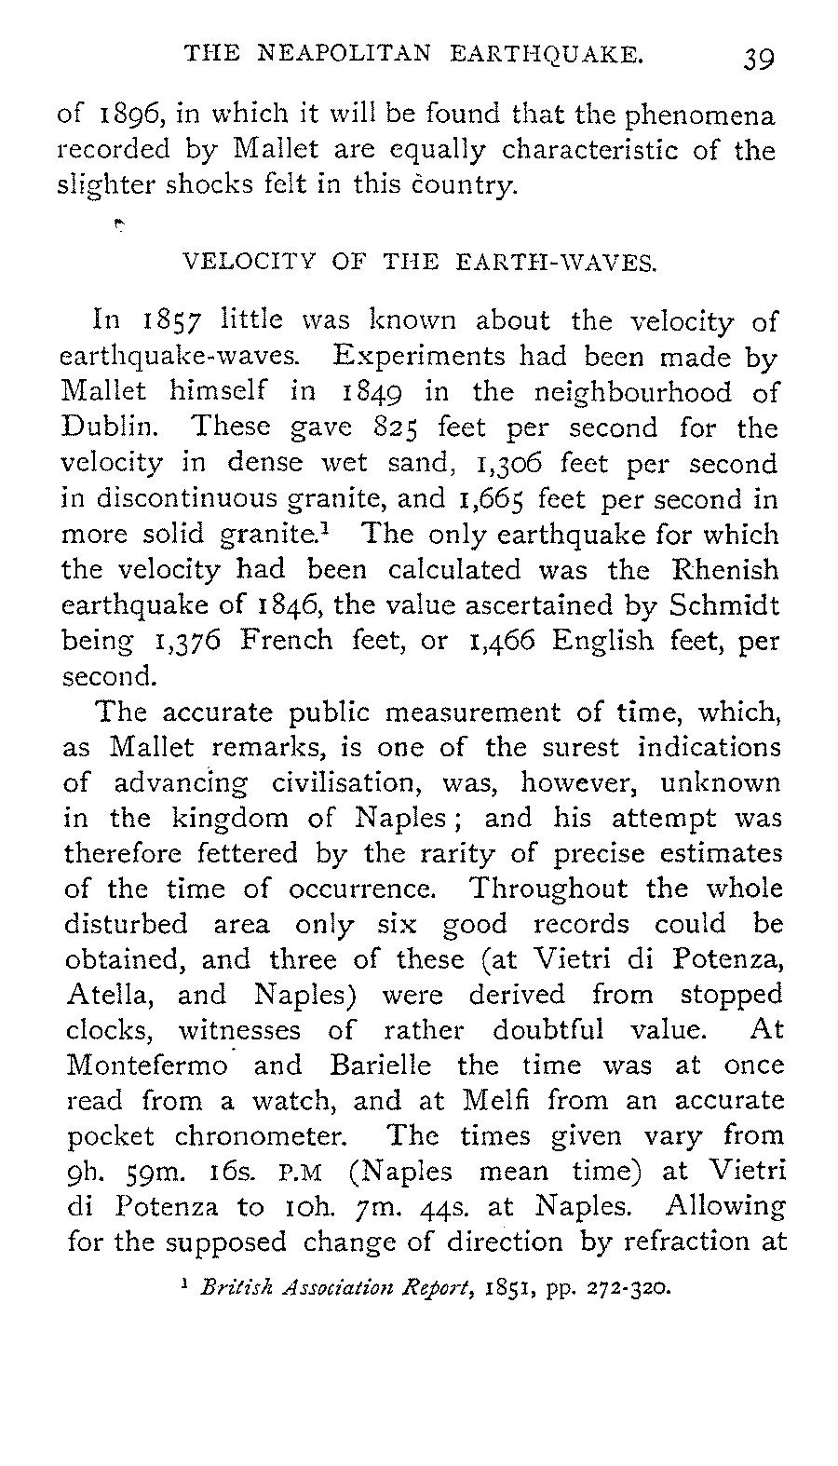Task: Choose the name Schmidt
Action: (724, 604)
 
